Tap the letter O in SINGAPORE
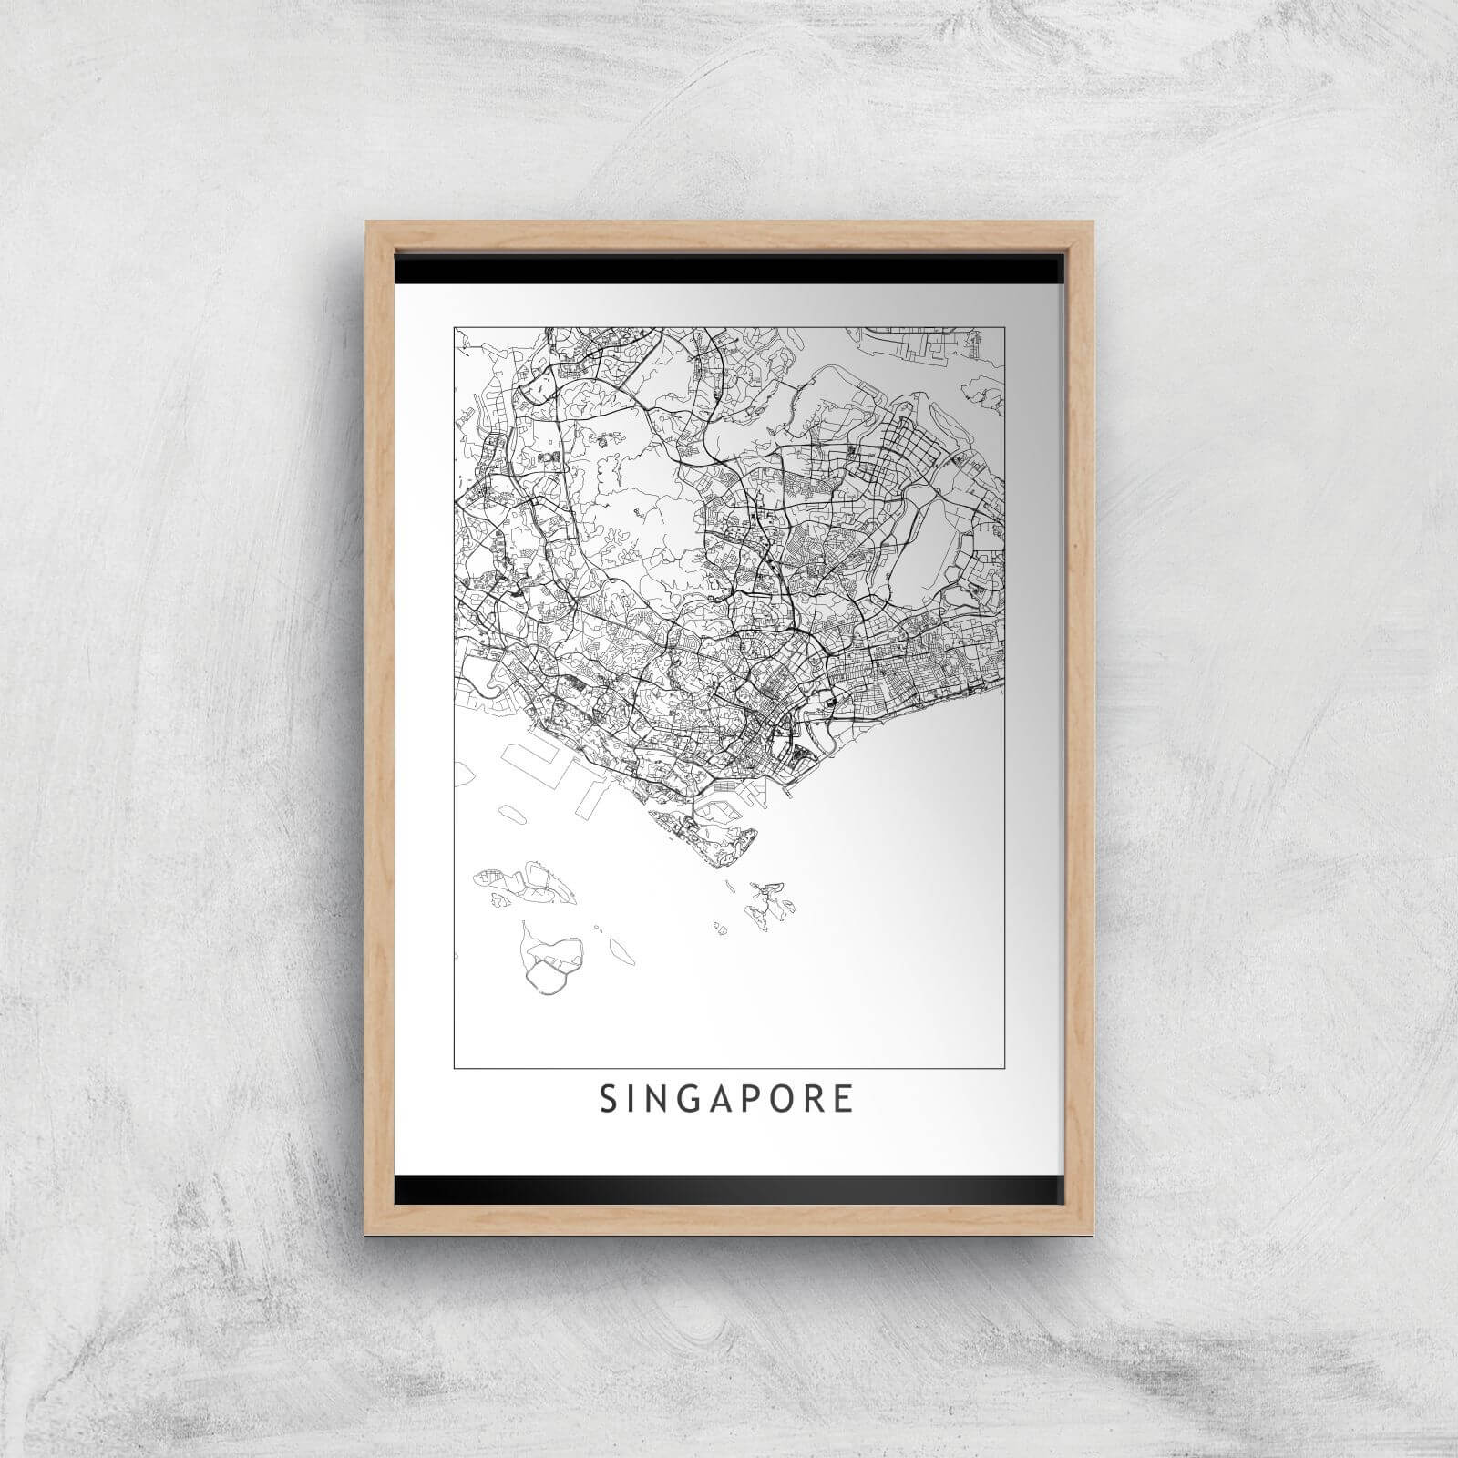coord(788,1099)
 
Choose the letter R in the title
coord(819,1099)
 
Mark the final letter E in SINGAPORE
coord(847,1099)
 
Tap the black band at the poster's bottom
coord(729,1188)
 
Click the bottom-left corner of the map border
coord(454,1066)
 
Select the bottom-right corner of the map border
coord(1004,1066)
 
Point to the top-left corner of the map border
coord(454,328)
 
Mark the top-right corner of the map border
coord(1004,328)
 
